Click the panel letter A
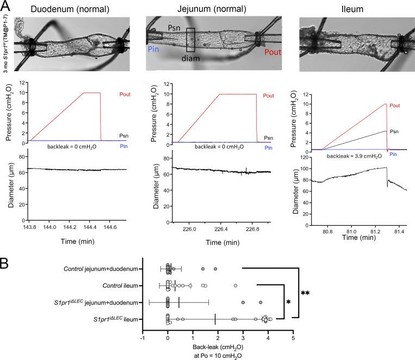coord(7,5)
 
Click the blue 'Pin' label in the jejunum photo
coord(153,49)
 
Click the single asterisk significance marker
coord(289,301)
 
